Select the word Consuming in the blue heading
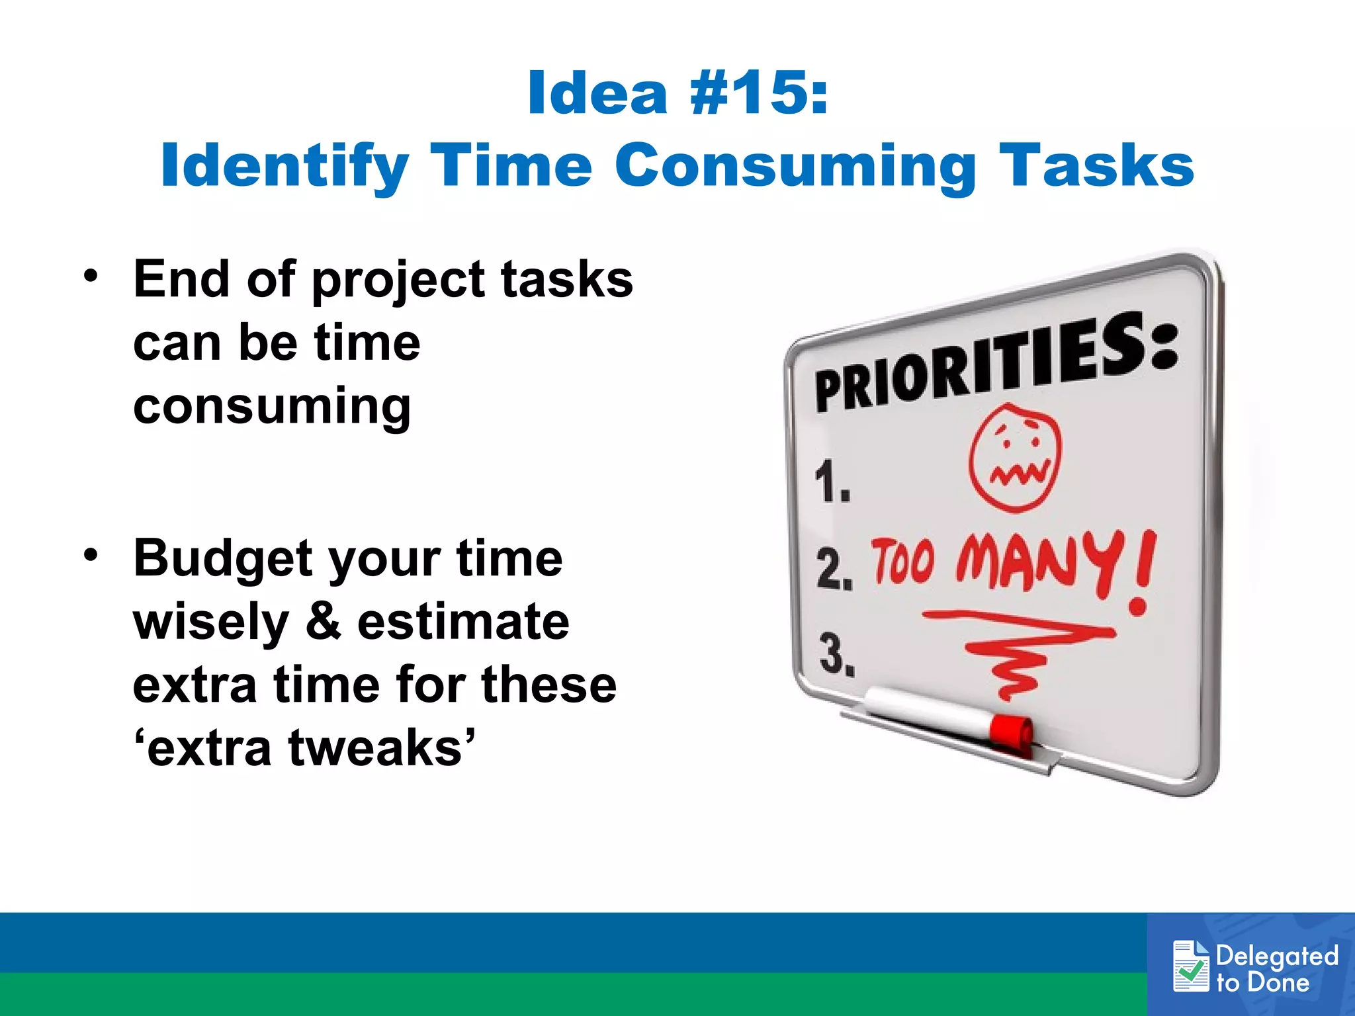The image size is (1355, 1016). tap(795, 167)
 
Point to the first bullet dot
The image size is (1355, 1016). tap(91, 275)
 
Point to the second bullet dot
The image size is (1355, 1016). tap(91, 554)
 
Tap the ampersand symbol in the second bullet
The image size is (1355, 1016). tap(324, 622)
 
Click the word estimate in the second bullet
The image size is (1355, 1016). tap(463, 622)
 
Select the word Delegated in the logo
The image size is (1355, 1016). tap(1277, 956)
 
